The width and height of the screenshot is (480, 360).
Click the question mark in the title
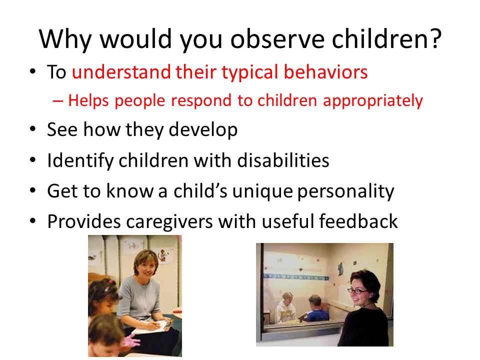[x=434, y=38]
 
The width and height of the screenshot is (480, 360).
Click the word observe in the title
[x=277, y=38]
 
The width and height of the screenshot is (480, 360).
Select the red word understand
[x=121, y=72]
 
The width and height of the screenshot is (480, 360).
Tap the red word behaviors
[x=325, y=72]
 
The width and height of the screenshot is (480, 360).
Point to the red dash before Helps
[x=58, y=100]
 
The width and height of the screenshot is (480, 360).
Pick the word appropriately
[x=373, y=101]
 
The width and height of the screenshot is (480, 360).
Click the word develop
[x=203, y=130]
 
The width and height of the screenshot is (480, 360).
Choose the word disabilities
[x=283, y=160]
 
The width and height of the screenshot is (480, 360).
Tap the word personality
[x=345, y=191]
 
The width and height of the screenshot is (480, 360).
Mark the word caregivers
[x=169, y=222]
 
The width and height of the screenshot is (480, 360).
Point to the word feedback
[x=358, y=221]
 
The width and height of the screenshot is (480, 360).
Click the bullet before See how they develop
[x=33, y=129]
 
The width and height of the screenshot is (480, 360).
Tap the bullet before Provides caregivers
[x=33, y=220]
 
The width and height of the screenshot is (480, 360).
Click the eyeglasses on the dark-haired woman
[x=357, y=291]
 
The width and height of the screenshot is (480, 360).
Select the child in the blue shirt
[x=316, y=309]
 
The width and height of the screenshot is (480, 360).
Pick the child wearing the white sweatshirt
[x=286, y=308]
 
